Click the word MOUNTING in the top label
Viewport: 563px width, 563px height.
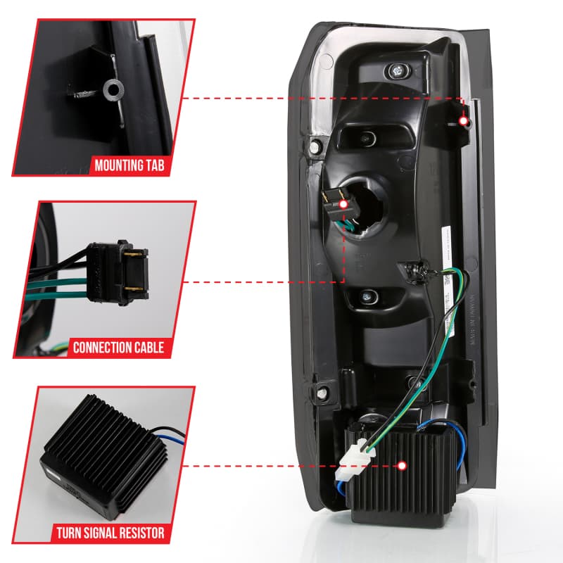[x=117, y=167]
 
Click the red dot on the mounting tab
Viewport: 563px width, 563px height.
[x=464, y=121]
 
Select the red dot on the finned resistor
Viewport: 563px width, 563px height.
[x=402, y=466]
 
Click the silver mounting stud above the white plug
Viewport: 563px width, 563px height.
[x=419, y=384]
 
